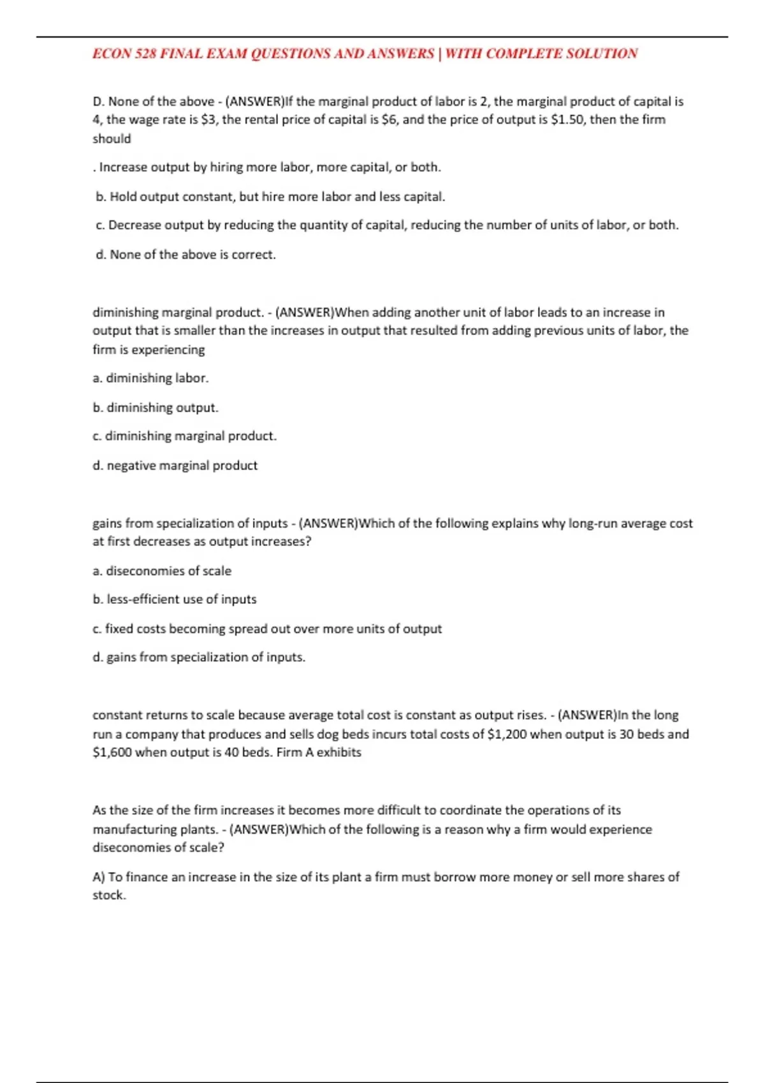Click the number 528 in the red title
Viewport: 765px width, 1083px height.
(x=145, y=54)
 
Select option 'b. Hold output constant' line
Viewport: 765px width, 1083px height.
(x=270, y=197)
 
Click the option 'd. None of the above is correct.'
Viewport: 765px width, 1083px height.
(x=186, y=255)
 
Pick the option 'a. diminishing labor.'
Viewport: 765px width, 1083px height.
(x=150, y=378)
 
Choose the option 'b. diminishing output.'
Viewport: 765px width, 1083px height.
(x=156, y=408)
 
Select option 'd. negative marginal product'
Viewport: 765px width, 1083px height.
(x=175, y=466)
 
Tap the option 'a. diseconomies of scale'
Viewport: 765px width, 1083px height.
(x=162, y=571)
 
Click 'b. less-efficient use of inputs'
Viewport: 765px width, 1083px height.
(x=175, y=599)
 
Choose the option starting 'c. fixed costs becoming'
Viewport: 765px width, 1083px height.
(x=267, y=629)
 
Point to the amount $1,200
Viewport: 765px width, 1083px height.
(x=507, y=734)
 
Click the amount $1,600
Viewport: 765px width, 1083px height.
(x=112, y=752)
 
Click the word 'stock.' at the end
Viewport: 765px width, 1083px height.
(x=110, y=895)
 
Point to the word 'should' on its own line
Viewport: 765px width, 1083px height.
(x=112, y=139)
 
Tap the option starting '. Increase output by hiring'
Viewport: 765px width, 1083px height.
(x=268, y=168)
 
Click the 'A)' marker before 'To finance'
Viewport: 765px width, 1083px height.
(x=99, y=877)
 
